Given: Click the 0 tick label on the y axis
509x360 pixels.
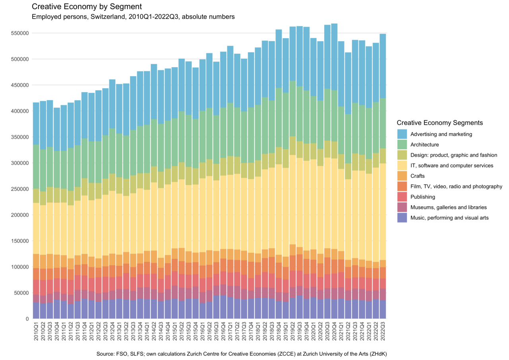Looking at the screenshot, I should [x=27, y=319].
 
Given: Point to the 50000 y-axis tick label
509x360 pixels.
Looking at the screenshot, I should [x=22, y=293].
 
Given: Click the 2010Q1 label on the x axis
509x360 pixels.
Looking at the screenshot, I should [x=36, y=331].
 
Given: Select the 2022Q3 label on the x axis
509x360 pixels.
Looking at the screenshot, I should [x=383, y=331].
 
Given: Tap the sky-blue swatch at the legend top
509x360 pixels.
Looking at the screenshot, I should [x=402, y=134].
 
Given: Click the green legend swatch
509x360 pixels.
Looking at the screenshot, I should [x=402, y=144].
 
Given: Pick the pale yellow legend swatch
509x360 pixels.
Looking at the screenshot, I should [x=402, y=165].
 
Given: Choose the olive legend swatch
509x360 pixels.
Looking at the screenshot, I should [x=402, y=155].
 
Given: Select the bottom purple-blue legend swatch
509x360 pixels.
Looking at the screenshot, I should [x=402, y=218].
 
